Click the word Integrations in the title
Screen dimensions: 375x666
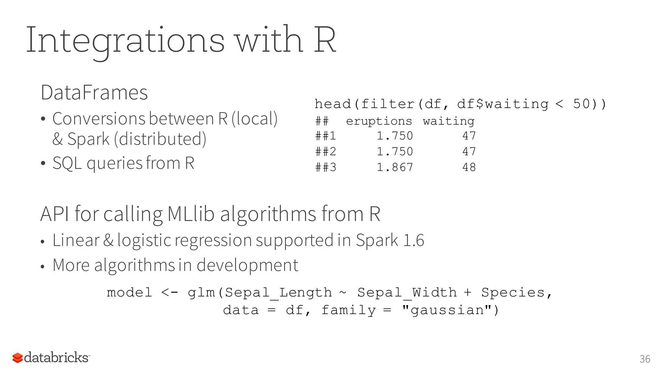click(125, 41)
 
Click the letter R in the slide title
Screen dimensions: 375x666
click(324, 41)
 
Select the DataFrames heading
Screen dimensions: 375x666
click(94, 92)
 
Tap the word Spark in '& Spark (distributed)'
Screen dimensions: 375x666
click(88, 139)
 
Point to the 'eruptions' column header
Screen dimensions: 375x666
click(379, 121)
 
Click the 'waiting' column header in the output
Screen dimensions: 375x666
click(448, 121)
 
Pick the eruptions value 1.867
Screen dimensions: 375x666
click(395, 167)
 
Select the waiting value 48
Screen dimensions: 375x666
click(469, 167)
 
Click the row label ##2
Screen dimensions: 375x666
click(326, 152)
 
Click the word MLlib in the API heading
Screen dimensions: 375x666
click(191, 214)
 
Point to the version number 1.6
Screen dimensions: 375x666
click(414, 241)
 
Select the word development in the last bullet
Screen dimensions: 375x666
click(247, 265)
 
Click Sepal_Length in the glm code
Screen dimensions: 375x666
click(278, 292)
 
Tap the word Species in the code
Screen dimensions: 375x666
click(513, 292)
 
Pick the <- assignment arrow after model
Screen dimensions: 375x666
click(169, 292)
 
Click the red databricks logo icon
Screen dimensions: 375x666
click(18, 358)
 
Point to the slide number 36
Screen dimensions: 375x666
click(645, 359)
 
